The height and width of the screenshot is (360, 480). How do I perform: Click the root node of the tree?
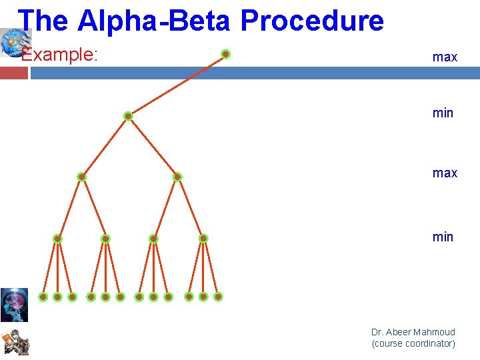click(226, 54)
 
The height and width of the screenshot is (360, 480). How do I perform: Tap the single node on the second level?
click(128, 116)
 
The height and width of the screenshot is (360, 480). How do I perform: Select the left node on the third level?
click(81, 177)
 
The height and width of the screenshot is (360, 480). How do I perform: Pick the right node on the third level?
click(177, 177)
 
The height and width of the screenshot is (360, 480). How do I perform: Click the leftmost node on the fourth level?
click(58, 239)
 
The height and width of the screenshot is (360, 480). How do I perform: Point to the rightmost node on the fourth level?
click(203, 238)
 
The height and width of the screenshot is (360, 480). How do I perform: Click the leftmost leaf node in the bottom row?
click(43, 297)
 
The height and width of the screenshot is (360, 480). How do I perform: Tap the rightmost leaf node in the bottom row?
click(218, 297)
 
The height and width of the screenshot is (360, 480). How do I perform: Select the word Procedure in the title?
click(312, 21)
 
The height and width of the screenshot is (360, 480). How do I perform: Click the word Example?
click(59, 55)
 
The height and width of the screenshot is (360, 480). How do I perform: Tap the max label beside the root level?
click(445, 57)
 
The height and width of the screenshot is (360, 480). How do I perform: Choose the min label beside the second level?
click(443, 113)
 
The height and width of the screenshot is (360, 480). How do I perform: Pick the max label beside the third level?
click(445, 173)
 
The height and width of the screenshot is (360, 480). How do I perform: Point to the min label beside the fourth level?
click(443, 237)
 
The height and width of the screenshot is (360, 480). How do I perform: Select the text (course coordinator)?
click(413, 344)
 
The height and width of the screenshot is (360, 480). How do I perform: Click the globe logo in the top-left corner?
click(13, 41)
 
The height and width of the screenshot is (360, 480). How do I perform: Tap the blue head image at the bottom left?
click(14, 305)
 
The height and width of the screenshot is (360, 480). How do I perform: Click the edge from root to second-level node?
click(177, 85)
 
